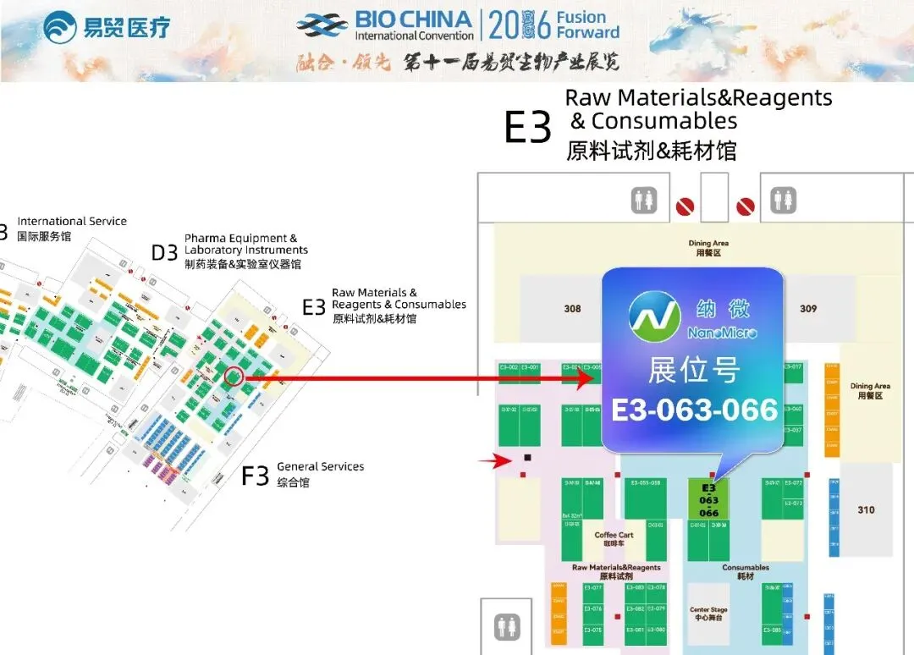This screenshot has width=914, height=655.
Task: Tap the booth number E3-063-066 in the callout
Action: coord(694,410)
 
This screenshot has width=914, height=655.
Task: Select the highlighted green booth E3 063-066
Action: coord(708,500)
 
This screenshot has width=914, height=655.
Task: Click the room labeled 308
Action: coord(573,309)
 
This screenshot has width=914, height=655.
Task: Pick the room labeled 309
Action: coord(808,309)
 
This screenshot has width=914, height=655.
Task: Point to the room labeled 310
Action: coord(866,509)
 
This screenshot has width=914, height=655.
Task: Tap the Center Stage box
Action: coord(708,613)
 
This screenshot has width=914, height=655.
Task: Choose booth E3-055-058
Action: coord(645,483)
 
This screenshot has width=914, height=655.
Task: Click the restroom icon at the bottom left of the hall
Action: coord(507,626)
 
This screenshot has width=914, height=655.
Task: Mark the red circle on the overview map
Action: coord(234,377)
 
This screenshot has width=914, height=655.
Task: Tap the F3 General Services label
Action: coord(303,474)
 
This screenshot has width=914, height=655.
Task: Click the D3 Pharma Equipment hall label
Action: coord(230,250)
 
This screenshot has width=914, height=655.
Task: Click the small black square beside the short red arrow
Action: coord(527,458)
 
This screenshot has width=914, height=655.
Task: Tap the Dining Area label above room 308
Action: coord(708,248)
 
